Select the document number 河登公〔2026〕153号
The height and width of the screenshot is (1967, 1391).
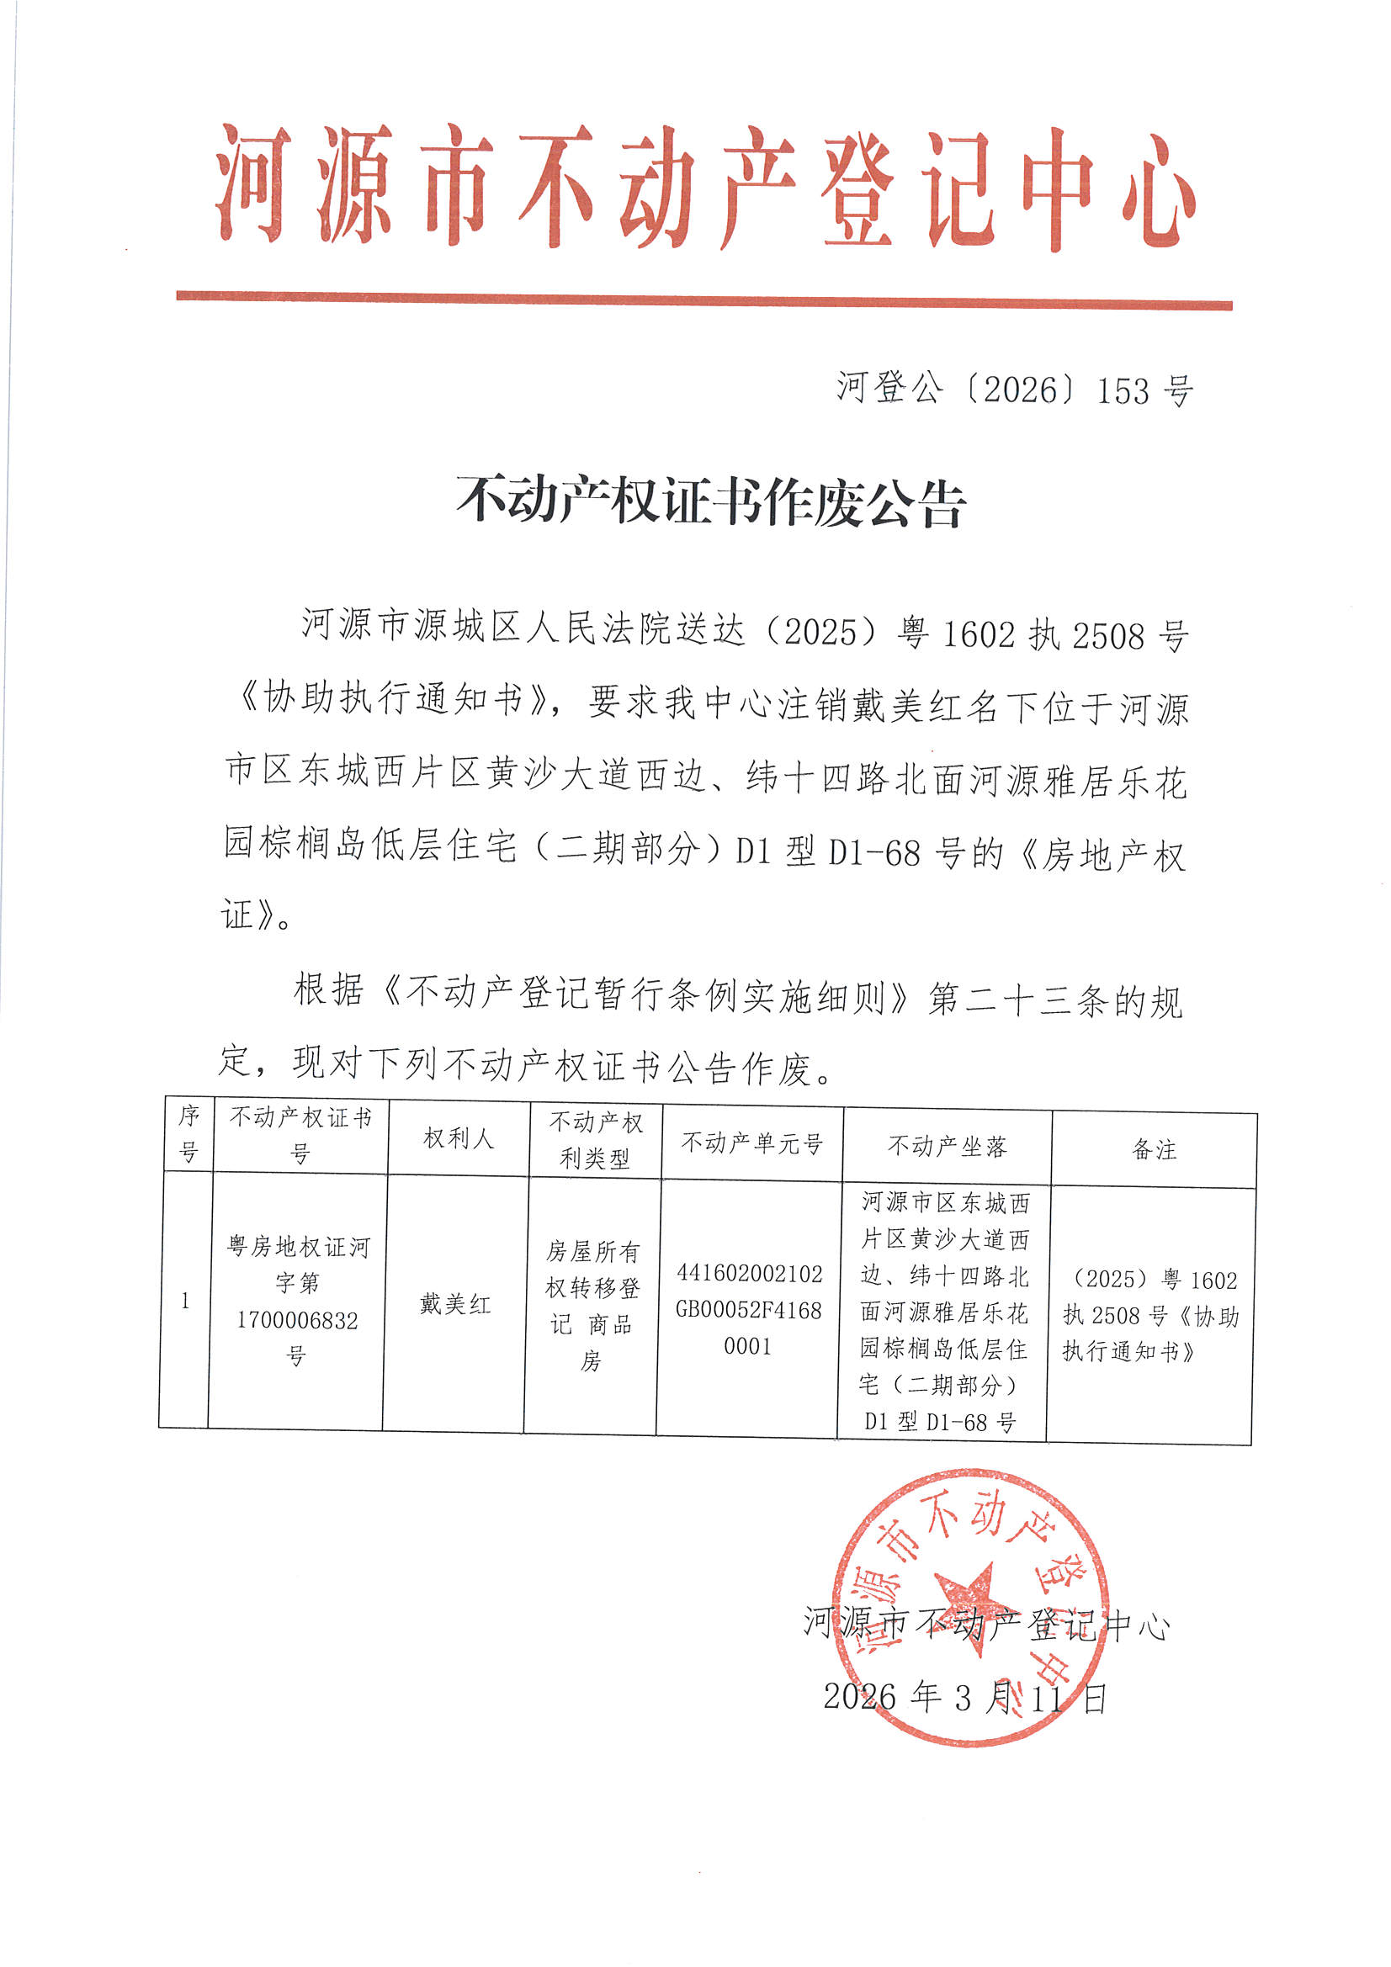click(x=1015, y=390)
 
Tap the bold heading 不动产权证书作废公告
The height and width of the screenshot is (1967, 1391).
click(x=710, y=502)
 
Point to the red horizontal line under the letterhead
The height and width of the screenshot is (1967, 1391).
click(x=703, y=300)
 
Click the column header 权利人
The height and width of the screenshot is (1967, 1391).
click(x=459, y=1138)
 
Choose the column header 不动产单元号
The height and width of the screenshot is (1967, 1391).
click(x=751, y=1143)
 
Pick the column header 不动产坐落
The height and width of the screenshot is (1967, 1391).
click(x=947, y=1146)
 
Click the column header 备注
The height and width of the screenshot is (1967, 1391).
click(x=1154, y=1150)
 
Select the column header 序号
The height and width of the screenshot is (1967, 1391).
click(x=188, y=1133)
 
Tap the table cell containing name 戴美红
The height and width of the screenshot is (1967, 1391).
click(x=455, y=1304)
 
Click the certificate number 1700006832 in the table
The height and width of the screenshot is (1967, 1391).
click(x=297, y=1320)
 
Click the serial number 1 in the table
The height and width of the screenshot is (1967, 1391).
click(x=185, y=1301)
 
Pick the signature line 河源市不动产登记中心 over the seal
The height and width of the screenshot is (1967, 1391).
click(x=985, y=1623)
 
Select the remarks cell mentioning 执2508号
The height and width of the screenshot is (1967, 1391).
click(x=1150, y=1315)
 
